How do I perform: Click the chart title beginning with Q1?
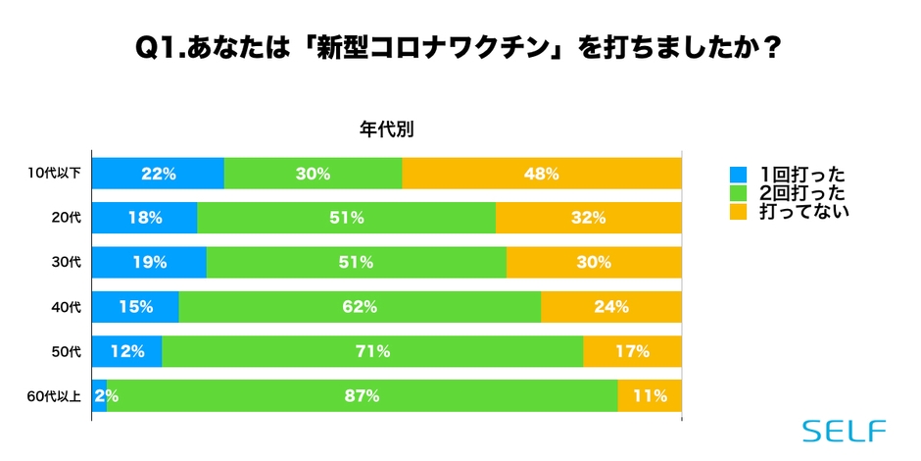[x=460, y=48]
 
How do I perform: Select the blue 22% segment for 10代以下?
[x=158, y=174]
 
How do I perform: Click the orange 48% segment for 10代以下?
[x=541, y=174]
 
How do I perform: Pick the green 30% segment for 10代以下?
[x=313, y=174]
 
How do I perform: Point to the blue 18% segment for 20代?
[x=144, y=218]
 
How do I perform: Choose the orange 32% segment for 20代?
[x=588, y=218]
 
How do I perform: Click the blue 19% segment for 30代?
[x=149, y=262]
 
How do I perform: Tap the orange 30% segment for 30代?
[x=594, y=262]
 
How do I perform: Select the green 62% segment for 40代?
[x=360, y=306]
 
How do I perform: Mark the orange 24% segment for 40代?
[x=610, y=306]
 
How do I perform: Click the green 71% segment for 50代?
[x=372, y=351]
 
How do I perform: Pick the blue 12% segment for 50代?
[x=127, y=351]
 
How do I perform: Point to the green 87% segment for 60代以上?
[x=362, y=395]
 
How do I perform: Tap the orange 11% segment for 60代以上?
[x=649, y=395]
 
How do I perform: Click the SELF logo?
[x=844, y=431]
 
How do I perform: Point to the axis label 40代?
[x=68, y=307]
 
